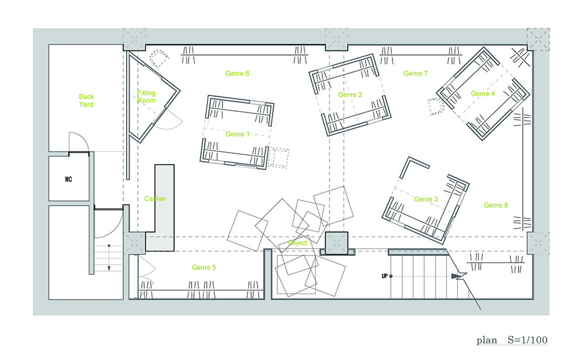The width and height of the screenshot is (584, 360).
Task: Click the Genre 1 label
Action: click(x=238, y=134)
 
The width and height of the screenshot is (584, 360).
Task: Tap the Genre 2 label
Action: click(x=350, y=95)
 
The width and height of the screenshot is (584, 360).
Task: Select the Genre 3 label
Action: click(x=426, y=199)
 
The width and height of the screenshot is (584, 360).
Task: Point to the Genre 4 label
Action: click(x=483, y=94)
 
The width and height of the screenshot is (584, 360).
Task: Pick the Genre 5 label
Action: click(x=204, y=268)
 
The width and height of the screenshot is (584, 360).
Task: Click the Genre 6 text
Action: click(x=237, y=74)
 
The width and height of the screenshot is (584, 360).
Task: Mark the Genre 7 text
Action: click(x=416, y=74)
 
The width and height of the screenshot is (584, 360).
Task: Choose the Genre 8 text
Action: click(x=496, y=205)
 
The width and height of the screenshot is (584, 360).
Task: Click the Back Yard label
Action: click(x=86, y=101)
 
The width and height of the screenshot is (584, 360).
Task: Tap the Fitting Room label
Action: click(x=147, y=96)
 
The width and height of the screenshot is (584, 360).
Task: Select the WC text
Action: click(x=68, y=179)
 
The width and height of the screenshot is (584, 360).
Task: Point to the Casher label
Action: click(x=155, y=199)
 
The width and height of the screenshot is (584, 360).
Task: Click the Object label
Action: click(x=298, y=243)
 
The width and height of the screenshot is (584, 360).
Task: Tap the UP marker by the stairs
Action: click(x=385, y=276)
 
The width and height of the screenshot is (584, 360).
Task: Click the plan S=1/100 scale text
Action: click(x=512, y=340)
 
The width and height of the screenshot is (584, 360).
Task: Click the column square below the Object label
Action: click(x=337, y=243)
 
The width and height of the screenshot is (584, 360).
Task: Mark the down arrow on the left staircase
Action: click(x=109, y=257)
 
